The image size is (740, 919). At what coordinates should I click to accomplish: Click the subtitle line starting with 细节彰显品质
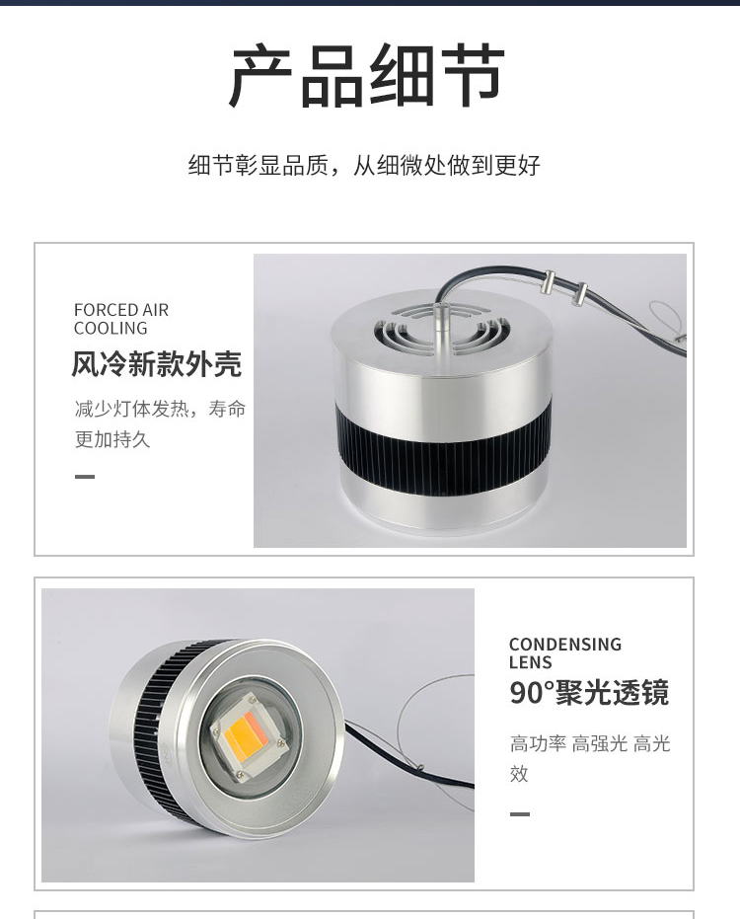(x=364, y=165)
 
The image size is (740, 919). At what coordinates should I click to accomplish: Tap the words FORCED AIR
(x=121, y=310)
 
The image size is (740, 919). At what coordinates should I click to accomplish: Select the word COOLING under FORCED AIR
(x=111, y=328)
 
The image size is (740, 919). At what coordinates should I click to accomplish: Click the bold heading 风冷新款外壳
(x=157, y=364)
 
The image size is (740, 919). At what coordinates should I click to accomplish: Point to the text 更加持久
(x=112, y=439)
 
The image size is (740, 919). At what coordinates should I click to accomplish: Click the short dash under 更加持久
(x=85, y=477)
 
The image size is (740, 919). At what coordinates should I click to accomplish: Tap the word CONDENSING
(x=565, y=645)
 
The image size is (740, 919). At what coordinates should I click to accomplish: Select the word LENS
(x=531, y=663)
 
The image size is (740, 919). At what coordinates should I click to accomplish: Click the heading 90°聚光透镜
(x=589, y=693)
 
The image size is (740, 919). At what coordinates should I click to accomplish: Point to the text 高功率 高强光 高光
(x=590, y=743)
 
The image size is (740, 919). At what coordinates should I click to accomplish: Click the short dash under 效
(x=520, y=814)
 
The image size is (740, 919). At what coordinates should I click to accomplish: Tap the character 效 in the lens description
(x=519, y=774)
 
